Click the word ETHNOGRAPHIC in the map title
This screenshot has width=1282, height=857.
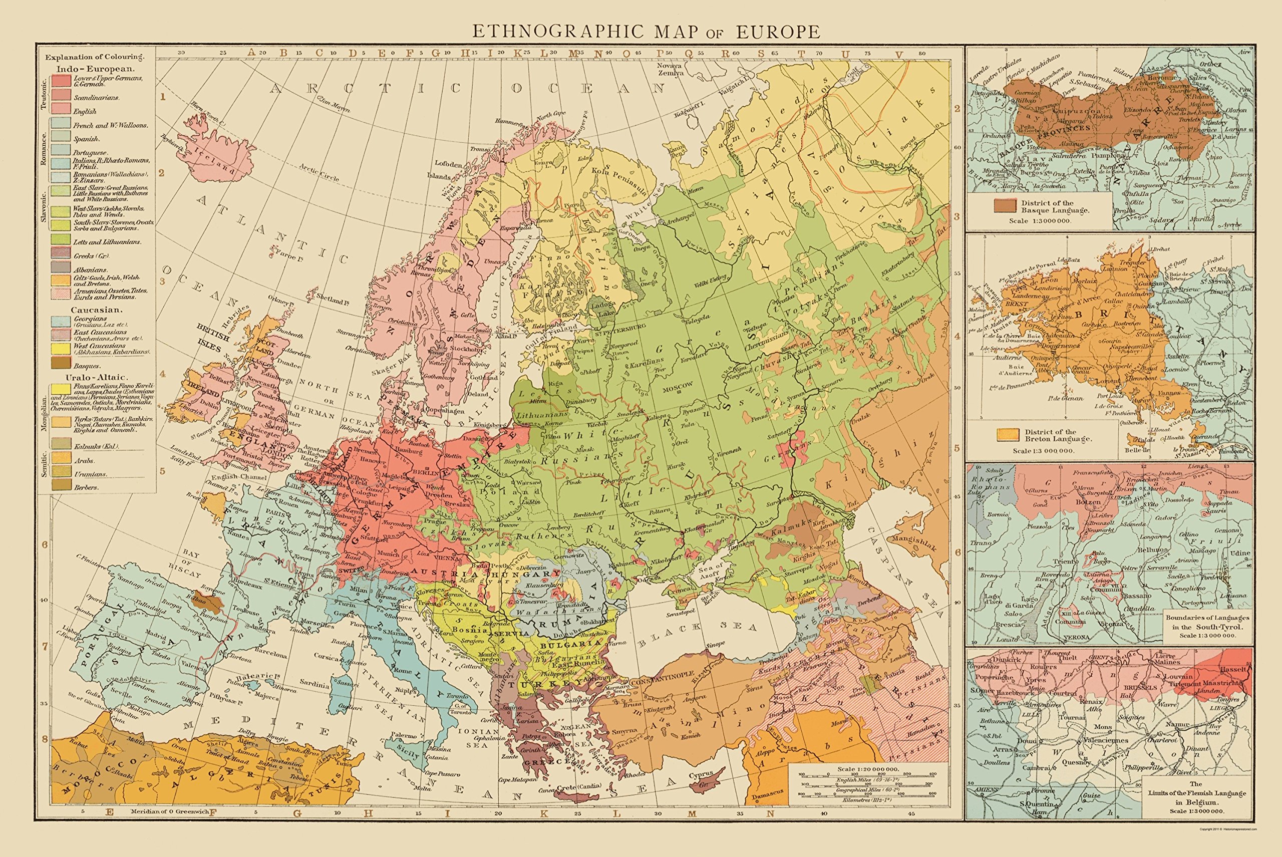point(558,31)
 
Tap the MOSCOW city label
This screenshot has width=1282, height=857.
point(677,385)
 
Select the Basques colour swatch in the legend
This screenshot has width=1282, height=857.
point(61,364)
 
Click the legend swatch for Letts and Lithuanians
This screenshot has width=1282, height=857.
point(61,239)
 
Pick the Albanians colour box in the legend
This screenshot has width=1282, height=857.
point(61,267)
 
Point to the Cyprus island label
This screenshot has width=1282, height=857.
point(701,774)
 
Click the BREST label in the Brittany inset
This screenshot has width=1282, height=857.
point(1017,304)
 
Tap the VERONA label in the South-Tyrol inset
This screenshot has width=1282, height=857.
point(1076,637)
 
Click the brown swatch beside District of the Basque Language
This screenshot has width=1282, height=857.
point(1005,205)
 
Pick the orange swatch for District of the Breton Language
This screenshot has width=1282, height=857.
point(1008,435)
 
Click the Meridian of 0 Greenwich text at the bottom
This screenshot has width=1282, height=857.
point(170,811)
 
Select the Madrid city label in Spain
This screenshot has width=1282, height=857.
point(156,636)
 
